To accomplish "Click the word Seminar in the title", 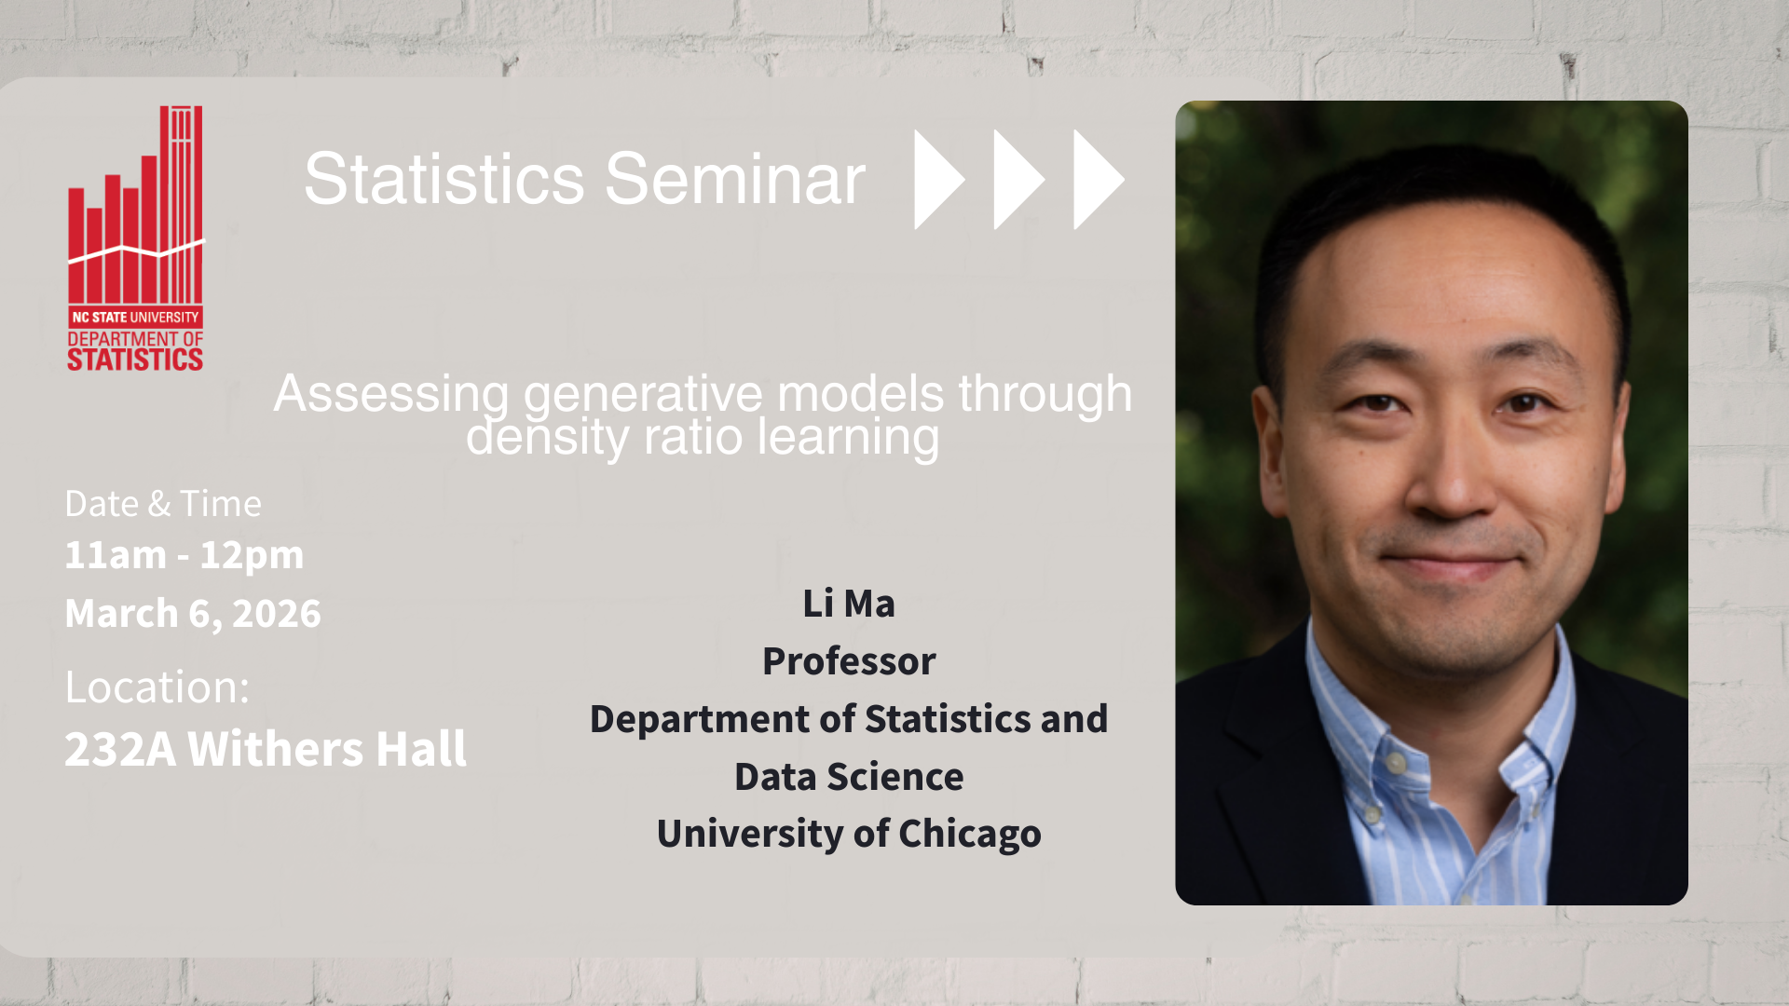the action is click(x=735, y=179).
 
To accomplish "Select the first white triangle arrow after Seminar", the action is click(x=939, y=179).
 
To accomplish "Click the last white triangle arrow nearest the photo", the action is click(x=1099, y=179).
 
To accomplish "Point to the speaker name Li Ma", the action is click(x=849, y=604).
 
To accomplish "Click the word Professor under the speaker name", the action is click(x=849, y=661).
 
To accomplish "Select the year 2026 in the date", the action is click(x=277, y=614).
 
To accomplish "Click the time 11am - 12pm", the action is click(x=184, y=555).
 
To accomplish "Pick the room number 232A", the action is click(x=120, y=749).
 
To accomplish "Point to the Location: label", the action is click(x=157, y=687).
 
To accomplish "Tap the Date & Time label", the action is click(x=163, y=504).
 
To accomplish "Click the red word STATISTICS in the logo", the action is click(x=135, y=360).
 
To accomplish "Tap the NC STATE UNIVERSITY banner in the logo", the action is click(x=135, y=317).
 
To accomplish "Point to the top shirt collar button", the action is click(x=1396, y=764).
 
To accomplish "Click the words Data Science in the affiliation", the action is click(x=849, y=777).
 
